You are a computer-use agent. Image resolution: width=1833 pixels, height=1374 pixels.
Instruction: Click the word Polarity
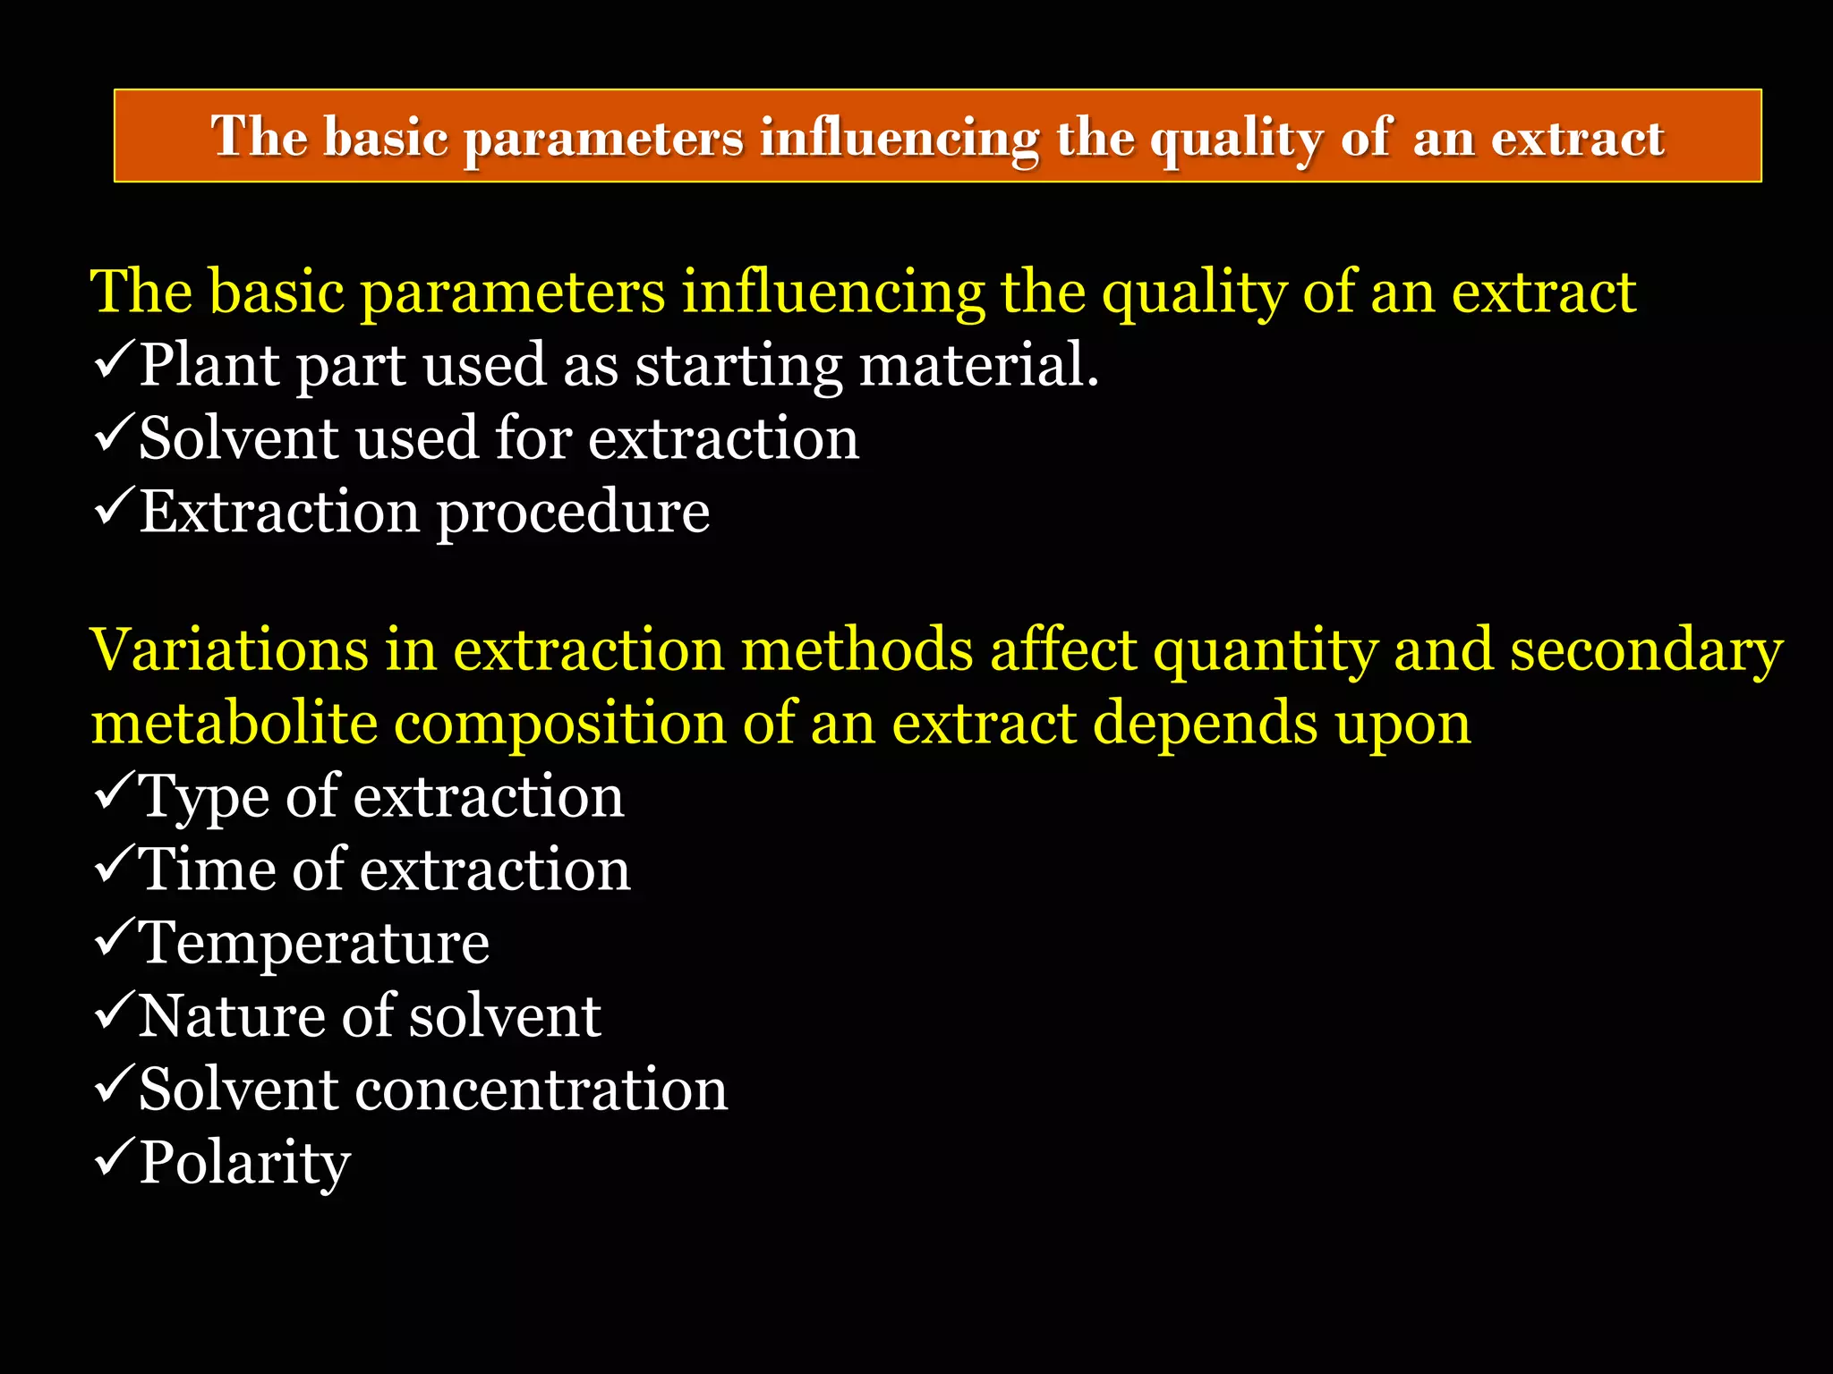click(244, 1163)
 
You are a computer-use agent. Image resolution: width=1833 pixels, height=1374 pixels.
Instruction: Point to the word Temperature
click(314, 943)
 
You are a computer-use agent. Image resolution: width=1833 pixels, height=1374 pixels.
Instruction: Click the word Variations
click(229, 649)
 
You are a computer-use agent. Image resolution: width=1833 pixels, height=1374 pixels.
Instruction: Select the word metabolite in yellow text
click(234, 723)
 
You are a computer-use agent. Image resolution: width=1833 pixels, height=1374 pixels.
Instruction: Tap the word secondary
click(1647, 651)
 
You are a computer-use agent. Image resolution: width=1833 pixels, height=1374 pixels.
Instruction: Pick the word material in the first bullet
click(977, 366)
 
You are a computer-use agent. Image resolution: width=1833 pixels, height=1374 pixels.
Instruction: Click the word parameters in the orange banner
click(603, 139)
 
